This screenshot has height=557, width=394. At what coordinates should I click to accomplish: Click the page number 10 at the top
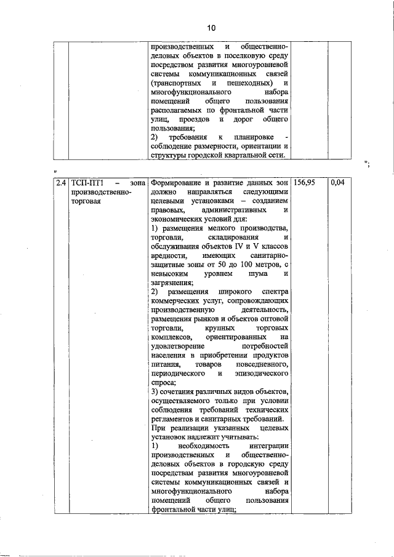(211, 28)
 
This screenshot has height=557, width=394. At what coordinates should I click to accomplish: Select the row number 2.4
(60, 183)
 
